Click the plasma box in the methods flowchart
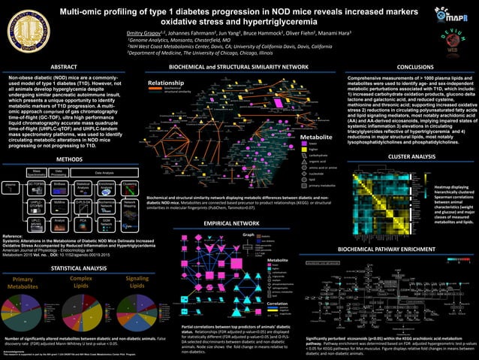(x=10, y=165)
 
